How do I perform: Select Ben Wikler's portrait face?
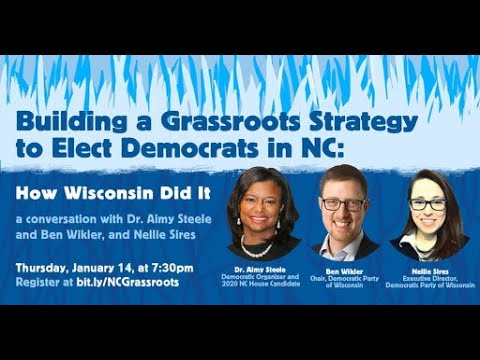coord(343,203)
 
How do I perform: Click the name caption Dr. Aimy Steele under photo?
coord(264,268)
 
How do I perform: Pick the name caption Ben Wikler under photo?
coord(344,268)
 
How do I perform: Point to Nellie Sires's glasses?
coord(427,205)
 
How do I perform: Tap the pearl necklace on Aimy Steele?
coord(259,244)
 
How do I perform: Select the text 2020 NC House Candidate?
coord(264,285)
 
